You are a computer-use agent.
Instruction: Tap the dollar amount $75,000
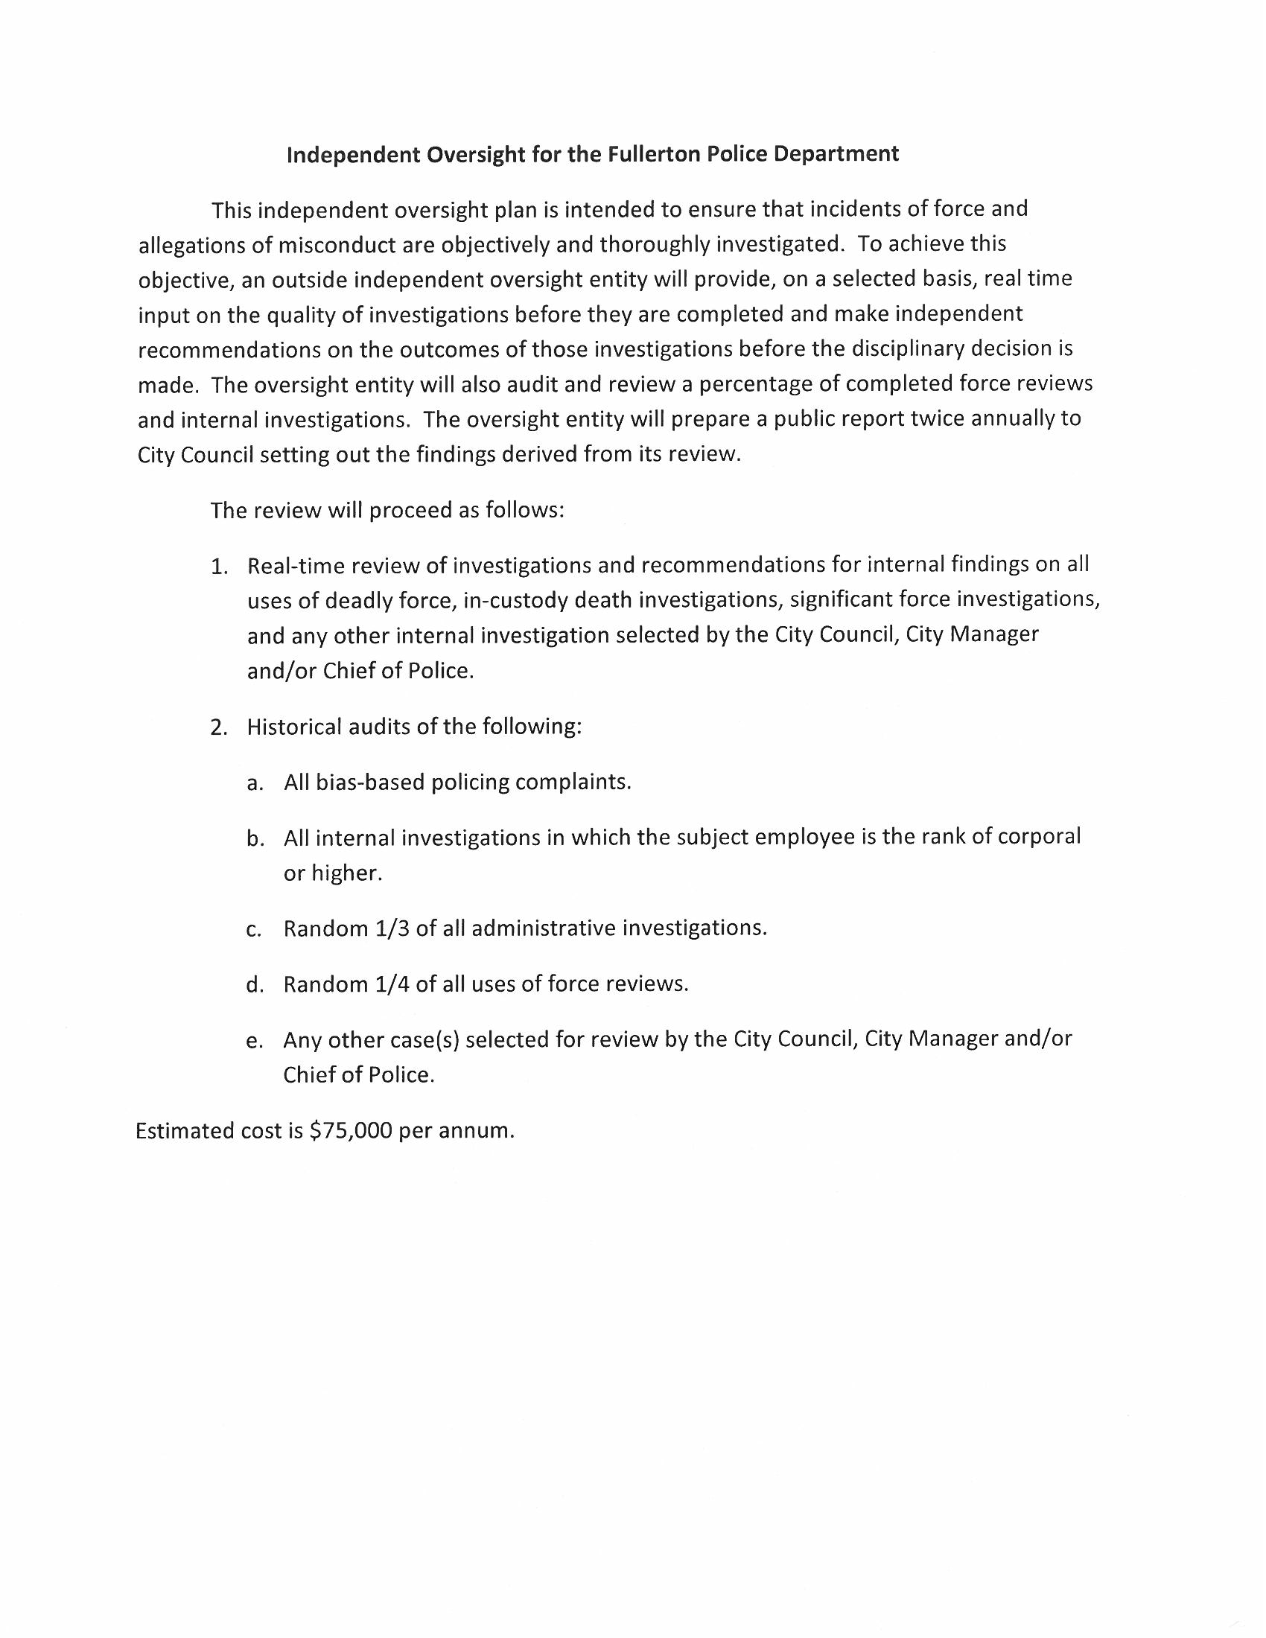point(351,1130)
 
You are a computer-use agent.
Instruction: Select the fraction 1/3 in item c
point(389,928)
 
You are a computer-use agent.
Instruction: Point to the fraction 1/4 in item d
point(389,984)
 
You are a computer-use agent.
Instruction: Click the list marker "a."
point(255,783)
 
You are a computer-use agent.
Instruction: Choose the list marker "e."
point(255,1040)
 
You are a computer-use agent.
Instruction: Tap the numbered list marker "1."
point(219,567)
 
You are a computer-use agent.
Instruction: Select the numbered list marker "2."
point(219,727)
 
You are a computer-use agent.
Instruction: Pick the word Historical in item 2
point(295,727)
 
